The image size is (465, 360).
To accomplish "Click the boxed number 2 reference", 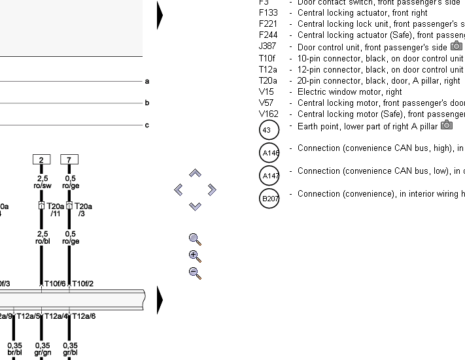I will (x=41, y=159).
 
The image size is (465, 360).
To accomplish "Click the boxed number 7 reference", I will (x=69, y=159).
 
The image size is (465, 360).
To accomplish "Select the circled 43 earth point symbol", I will (x=269, y=130).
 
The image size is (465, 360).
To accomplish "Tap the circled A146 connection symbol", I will (x=269, y=153).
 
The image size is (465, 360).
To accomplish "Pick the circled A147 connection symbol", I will (x=269, y=176).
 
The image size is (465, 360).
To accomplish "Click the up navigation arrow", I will (x=195, y=174).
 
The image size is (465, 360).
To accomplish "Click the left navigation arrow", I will (x=179, y=189).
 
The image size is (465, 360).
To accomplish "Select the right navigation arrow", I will (x=211, y=189).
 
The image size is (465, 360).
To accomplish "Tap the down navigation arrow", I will (x=195, y=206).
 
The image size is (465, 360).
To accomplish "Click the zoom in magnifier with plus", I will (x=194, y=256).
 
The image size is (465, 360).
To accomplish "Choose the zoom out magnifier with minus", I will (x=194, y=273).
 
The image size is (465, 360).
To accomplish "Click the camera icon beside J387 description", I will (x=456, y=46).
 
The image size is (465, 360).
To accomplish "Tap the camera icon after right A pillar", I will (x=447, y=125).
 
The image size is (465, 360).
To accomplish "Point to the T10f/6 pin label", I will (x=55, y=284).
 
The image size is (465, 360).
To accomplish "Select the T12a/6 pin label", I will (x=84, y=316).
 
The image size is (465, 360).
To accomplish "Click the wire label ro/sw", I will (x=42, y=186).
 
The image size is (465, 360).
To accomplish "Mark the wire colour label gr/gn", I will (x=43, y=353).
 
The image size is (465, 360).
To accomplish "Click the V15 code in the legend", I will (x=266, y=92).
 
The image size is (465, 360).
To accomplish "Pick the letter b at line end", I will (x=147, y=103).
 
